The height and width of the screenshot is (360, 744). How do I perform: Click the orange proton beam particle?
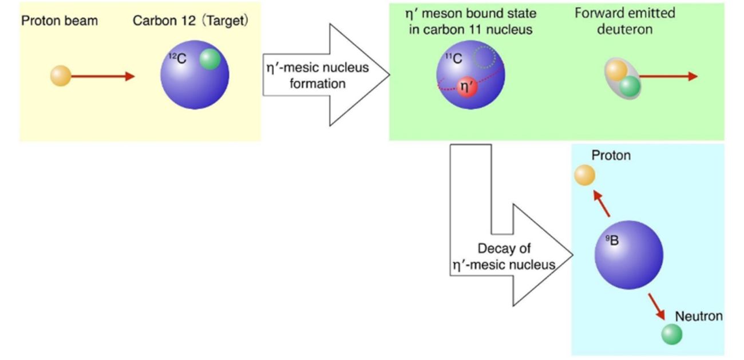coord(61,76)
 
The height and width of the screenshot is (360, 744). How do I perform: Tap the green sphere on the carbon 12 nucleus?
coord(210,59)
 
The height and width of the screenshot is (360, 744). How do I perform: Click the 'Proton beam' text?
coord(60,21)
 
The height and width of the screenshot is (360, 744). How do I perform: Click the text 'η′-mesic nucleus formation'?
coord(315,75)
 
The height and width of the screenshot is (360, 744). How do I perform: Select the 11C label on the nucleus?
coord(453,57)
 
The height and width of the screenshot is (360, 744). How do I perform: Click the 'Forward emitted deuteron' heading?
coord(624,21)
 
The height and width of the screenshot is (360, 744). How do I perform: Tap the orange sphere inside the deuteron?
coord(616,71)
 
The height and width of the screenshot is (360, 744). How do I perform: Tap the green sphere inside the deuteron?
coord(630,86)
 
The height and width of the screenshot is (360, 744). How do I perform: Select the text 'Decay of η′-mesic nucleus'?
coord(504,257)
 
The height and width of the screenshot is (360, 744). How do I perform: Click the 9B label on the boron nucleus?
coord(612,240)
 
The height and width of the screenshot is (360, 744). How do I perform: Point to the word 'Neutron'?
coord(699,316)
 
